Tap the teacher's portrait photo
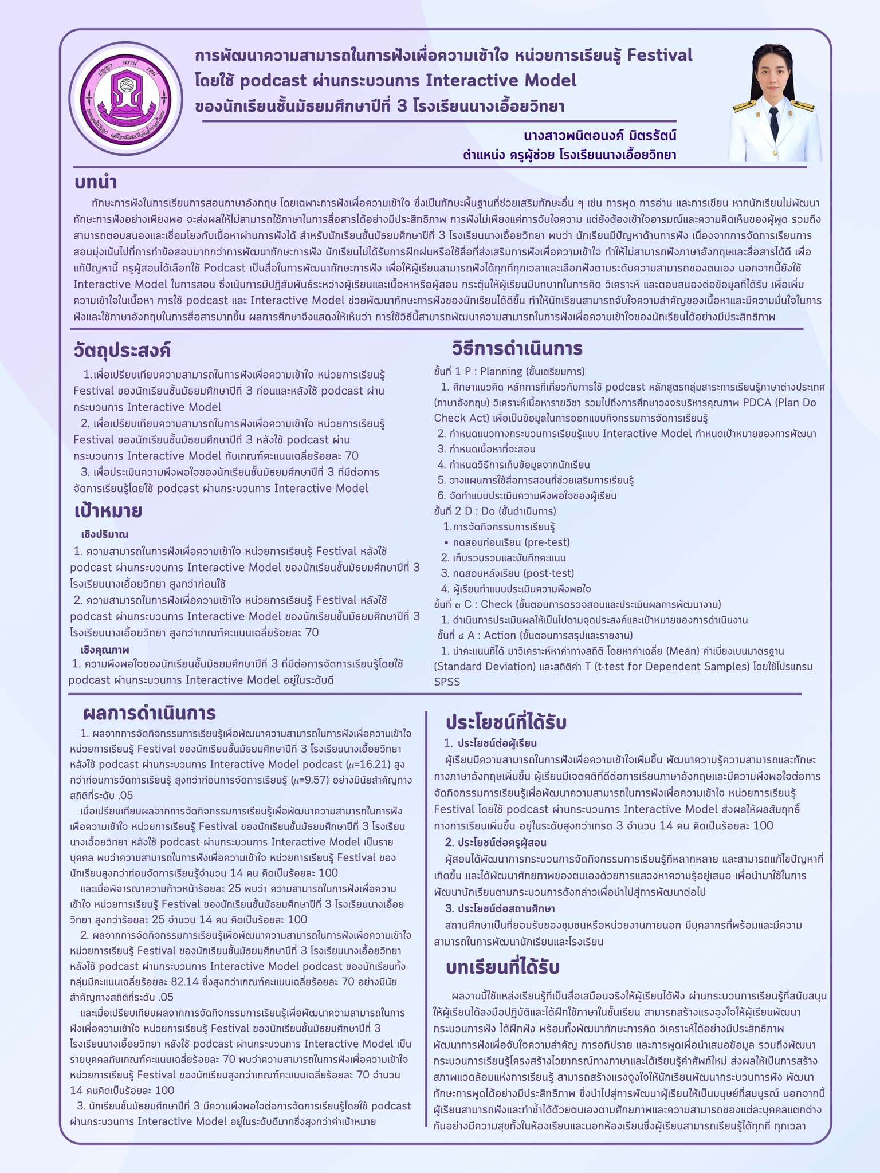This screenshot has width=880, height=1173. tap(774, 103)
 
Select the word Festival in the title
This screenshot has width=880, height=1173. tap(659, 56)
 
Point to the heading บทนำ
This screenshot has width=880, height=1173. tap(96, 183)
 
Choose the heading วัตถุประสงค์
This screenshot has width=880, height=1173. tap(122, 349)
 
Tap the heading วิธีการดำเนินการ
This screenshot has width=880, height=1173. tap(517, 348)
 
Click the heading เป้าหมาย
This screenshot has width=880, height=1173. tap(108, 511)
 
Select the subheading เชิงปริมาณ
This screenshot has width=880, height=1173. tap(105, 534)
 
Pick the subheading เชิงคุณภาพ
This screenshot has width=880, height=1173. tap(105, 650)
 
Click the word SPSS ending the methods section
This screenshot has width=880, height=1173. tap(447, 682)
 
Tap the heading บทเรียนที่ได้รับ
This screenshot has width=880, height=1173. tap(502, 967)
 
